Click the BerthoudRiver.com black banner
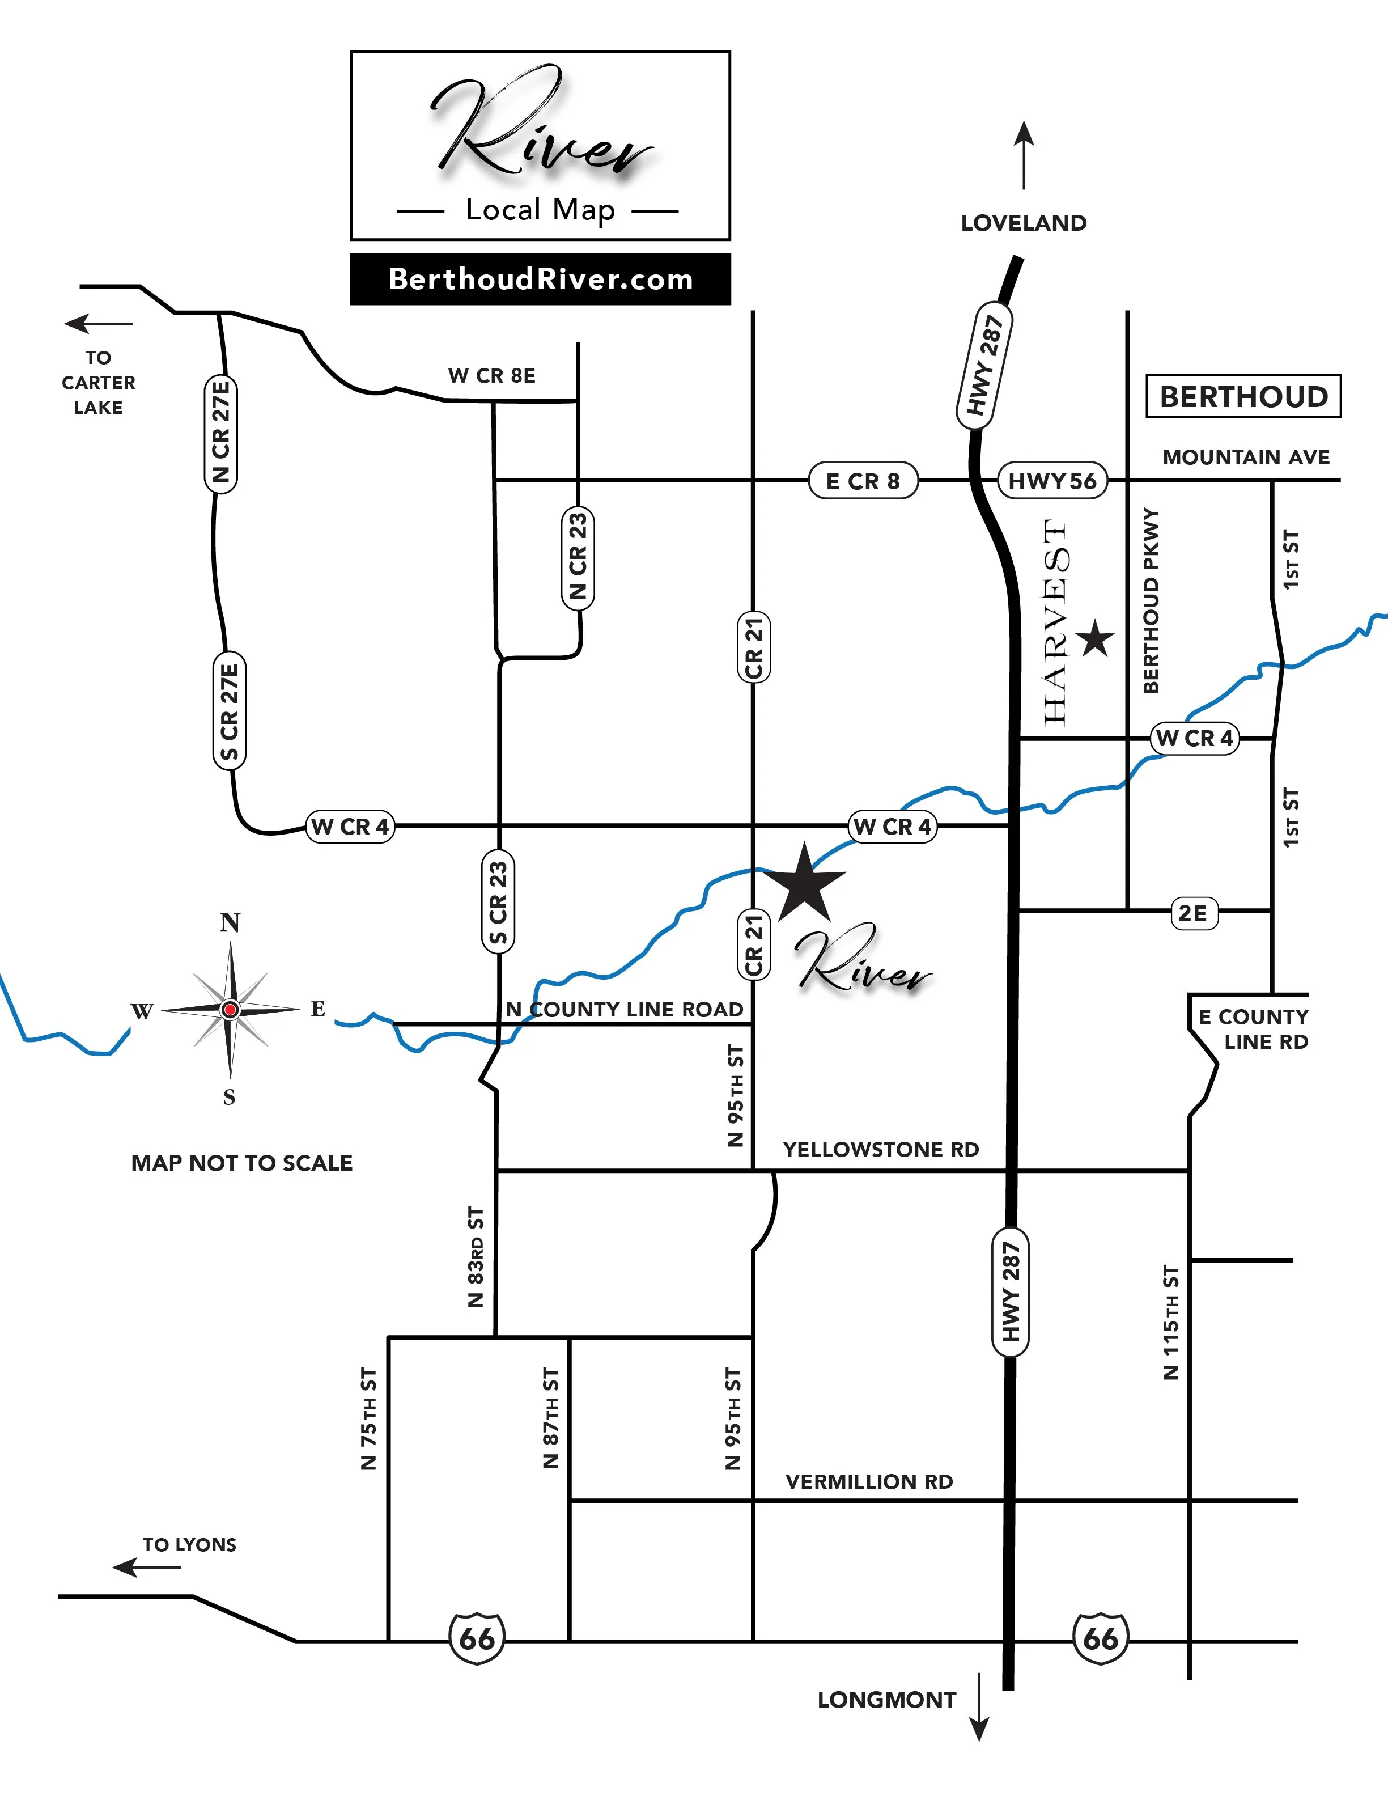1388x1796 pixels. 540,279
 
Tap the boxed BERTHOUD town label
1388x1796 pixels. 1243,396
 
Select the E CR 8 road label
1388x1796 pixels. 863,481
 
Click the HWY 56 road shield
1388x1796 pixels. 1052,481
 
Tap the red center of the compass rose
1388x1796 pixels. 230,1009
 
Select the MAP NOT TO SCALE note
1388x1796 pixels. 242,1163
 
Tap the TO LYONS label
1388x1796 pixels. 189,1544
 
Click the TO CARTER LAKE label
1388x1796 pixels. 98,383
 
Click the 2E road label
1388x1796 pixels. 1192,913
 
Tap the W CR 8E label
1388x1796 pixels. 492,376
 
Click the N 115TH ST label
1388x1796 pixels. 1171,1321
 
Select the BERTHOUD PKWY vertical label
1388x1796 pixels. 1151,600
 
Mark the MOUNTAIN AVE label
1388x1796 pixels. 1246,458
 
